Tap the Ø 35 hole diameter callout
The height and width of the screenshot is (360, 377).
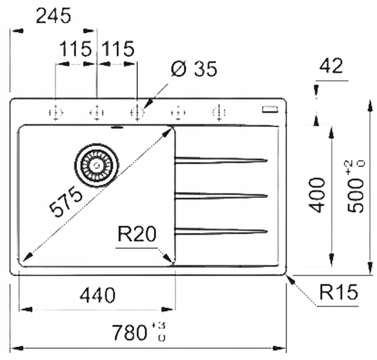[194, 69]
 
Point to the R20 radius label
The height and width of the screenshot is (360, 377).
[136, 234]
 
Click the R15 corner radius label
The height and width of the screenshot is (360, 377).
[339, 292]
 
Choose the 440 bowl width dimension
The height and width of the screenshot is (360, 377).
[97, 295]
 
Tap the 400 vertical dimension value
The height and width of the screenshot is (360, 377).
[318, 194]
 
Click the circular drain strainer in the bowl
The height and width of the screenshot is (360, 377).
[97, 165]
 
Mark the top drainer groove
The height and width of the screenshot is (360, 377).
[221, 160]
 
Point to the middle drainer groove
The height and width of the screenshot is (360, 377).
[221, 195]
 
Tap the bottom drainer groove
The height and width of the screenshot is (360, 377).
[221, 230]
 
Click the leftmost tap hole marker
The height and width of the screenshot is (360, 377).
[55, 112]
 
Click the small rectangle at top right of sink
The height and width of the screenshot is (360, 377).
[270, 110]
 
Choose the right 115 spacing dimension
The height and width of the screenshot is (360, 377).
[117, 48]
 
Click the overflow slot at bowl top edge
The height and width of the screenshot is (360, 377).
[117, 126]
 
